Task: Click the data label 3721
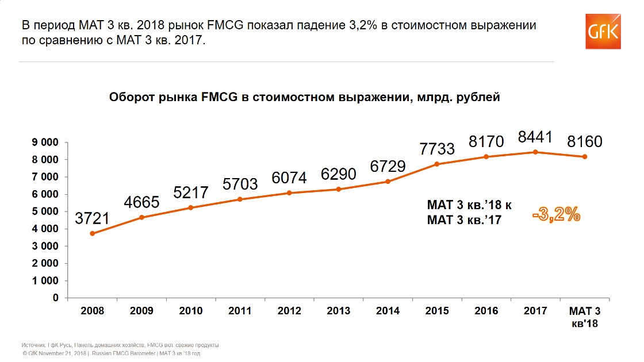point(92,219)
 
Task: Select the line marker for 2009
point(141,217)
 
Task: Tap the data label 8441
point(535,137)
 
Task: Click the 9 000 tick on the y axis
point(45,142)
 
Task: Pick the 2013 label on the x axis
point(338,311)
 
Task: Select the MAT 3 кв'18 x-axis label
point(584,317)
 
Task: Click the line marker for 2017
point(535,152)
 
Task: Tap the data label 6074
point(289,178)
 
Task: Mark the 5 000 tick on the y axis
point(45,211)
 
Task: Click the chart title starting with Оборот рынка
point(305,97)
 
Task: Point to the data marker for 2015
point(437,164)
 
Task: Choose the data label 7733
point(437,149)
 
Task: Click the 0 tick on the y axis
point(56,298)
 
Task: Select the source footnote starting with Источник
point(120,345)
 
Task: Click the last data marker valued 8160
point(585,156)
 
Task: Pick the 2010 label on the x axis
point(191,311)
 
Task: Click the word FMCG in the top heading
point(231,26)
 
